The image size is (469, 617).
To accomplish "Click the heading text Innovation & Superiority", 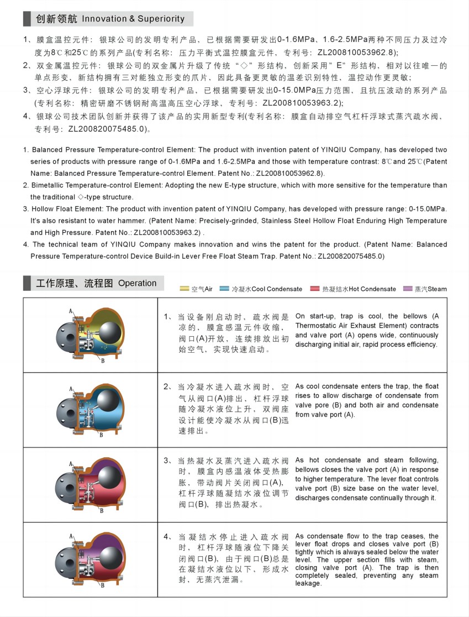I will [133, 19].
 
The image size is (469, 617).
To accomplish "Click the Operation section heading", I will [138, 283].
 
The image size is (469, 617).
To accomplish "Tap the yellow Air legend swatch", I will [185, 289].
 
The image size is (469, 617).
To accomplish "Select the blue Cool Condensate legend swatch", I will [224, 289].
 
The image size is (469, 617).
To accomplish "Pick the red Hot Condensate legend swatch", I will [315, 289].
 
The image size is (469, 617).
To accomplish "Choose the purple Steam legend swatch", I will [408, 289].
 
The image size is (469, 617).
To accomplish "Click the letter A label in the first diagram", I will [71, 312].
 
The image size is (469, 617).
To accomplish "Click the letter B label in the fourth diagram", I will [102, 587].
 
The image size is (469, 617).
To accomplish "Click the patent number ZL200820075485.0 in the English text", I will [350, 257].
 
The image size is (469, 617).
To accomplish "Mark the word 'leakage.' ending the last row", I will [308, 583].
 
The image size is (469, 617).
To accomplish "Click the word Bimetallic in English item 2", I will [51, 185].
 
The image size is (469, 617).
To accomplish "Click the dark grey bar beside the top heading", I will [27, 18].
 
